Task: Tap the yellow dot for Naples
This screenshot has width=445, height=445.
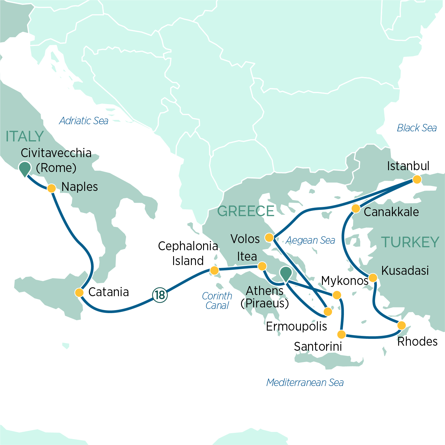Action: point(52,188)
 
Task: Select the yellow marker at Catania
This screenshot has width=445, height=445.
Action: point(79,293)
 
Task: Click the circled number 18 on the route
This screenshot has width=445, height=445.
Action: point(160,295)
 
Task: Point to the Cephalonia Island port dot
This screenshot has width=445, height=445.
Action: point(214,270)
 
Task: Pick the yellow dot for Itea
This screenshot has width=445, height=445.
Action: point(262,266)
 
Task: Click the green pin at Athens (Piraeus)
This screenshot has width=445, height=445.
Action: point(286,273)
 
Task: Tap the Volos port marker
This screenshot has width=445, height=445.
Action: point(269,237)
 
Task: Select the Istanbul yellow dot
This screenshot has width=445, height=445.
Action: point(417,179)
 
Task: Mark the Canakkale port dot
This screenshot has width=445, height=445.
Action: point(356,209)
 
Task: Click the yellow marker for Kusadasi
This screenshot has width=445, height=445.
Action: point(373,278)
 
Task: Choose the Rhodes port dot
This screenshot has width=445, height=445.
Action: point(401,325)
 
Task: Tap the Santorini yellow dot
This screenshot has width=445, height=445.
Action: point(342,335)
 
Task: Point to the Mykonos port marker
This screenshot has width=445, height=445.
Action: point(337,295)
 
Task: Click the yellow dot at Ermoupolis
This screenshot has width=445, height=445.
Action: point(328,312)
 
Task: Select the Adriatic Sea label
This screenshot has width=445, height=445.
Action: point(84,121)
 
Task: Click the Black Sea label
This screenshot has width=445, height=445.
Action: point(417,128)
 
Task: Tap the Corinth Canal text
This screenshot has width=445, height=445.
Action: point(217,301)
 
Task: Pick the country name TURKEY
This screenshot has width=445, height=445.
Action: point(410,242)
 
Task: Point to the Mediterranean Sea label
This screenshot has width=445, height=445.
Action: point(305,382)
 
